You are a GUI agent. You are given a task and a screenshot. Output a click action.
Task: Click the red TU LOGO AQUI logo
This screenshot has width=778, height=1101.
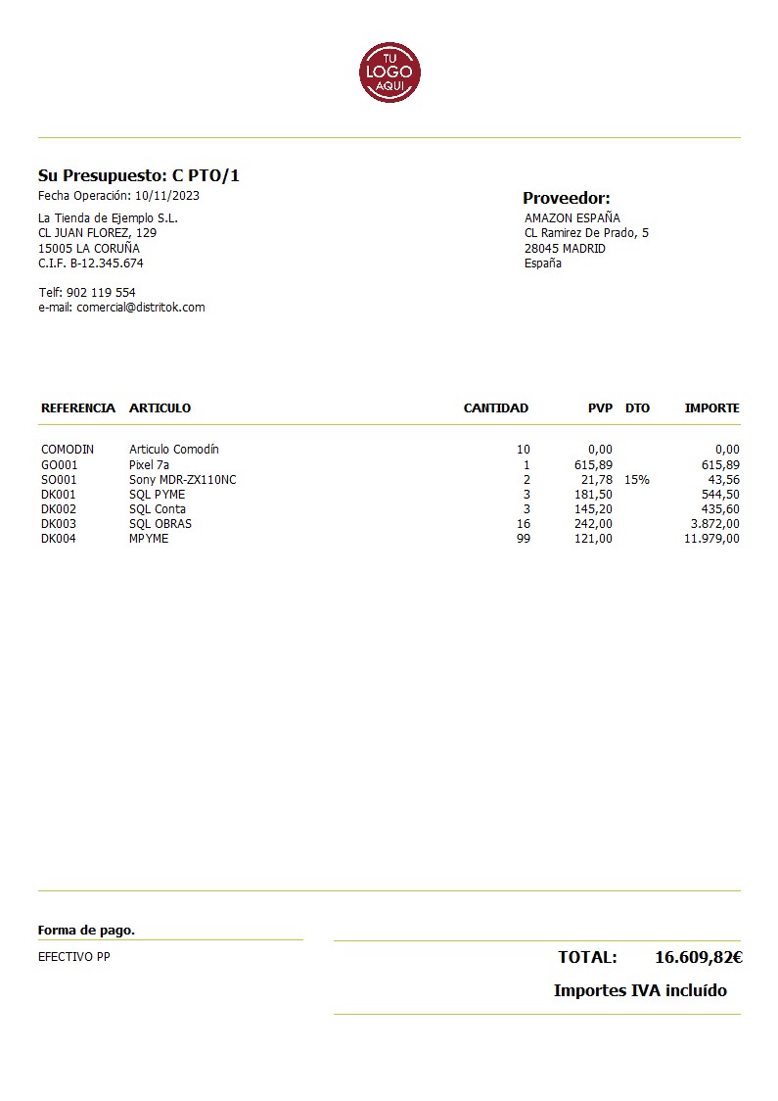pos(389,72)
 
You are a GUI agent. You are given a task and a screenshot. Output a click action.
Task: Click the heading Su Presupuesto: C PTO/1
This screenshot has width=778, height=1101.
pos(138,176)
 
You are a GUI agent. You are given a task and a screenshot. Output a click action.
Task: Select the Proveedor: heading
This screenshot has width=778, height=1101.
pos(566,198)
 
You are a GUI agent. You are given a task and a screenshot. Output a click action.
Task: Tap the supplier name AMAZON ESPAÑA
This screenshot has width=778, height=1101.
pos(572,218)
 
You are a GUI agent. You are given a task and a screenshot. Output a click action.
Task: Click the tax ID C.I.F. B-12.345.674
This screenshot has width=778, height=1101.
pos(90,263)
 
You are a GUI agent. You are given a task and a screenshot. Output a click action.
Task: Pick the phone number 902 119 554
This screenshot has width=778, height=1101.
pos(101,293)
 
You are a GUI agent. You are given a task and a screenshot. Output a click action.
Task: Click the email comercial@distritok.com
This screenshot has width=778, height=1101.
pos(140,308)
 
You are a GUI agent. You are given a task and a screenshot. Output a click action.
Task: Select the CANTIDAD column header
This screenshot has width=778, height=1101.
pos(495,408)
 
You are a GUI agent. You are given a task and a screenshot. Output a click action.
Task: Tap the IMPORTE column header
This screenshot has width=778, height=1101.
pos(711,408)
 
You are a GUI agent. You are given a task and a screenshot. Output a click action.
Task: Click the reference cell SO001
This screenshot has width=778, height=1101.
pos(59,480)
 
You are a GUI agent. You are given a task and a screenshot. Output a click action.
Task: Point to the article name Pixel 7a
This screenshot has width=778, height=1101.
pos(149,465)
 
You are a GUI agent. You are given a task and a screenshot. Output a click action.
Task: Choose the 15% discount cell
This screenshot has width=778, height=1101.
pos(636,480)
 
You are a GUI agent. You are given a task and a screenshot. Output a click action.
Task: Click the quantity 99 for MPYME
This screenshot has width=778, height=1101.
pos(523,539)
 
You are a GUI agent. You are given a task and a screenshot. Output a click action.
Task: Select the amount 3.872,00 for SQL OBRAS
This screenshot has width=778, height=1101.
pos(711,524)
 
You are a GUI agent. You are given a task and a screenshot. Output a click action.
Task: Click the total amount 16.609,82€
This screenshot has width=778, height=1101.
pos(698,958)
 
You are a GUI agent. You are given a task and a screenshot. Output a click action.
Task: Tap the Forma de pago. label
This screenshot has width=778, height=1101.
pos(86,931)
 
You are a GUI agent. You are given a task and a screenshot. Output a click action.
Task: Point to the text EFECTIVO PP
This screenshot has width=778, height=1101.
pos(73,957)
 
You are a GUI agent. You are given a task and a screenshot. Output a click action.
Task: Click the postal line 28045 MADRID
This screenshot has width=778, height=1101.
pos(565,249)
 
